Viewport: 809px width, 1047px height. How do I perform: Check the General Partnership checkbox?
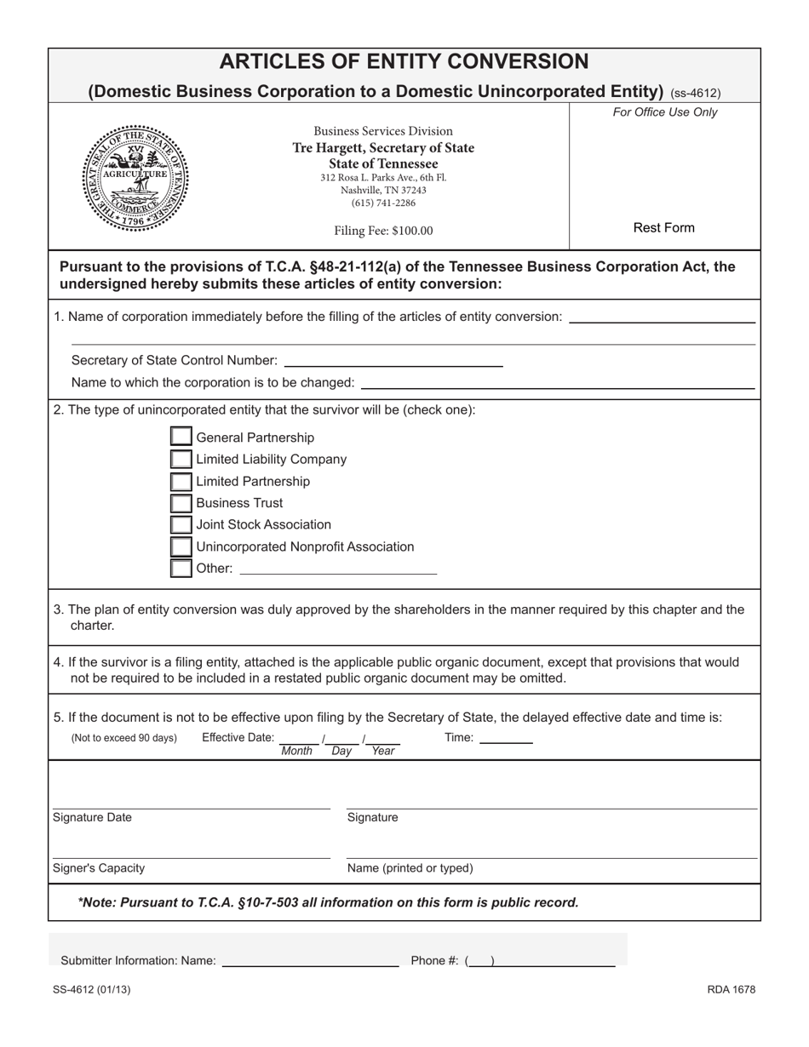(x=181, y=437)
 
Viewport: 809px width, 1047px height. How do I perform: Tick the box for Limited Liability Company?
(x=181, y=459)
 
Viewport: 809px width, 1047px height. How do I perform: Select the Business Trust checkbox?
(x=181, y=503)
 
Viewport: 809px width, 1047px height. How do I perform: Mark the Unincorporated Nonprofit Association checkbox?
(x=181, y=546)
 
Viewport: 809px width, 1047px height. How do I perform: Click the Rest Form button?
(x=663, y=228)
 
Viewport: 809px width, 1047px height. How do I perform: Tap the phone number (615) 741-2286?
(x=383, y=203)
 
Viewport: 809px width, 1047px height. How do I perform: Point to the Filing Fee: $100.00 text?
(x=383, y=231)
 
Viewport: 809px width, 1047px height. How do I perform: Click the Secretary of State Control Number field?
(x=393, y=360)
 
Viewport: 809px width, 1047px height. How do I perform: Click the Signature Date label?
(x=92, y=817)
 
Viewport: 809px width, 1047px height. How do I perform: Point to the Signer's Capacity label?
(x=99, y=868)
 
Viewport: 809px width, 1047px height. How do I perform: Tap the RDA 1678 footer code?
(x=731, y=989)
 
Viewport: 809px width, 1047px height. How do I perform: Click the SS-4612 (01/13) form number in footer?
(x=92, y=989)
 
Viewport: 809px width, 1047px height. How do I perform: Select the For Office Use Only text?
(x=665, y=112)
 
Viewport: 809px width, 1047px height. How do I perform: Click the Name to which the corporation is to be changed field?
(x=558, y=382)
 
